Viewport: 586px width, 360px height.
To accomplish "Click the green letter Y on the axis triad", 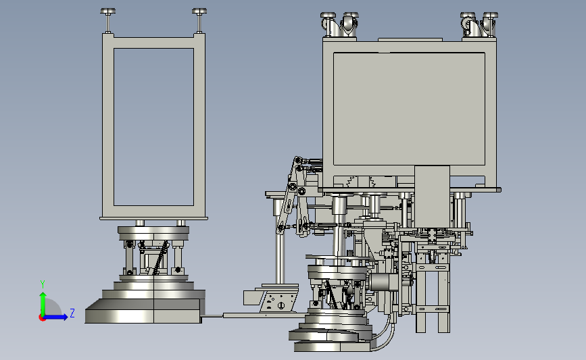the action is [43, 284].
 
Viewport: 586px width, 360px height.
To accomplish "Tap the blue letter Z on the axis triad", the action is [72, 313].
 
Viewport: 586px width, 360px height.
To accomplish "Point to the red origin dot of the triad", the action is [42, 318].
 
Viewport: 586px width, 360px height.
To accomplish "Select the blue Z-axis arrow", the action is [56, 317].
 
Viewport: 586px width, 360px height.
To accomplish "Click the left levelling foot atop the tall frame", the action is [107, 20].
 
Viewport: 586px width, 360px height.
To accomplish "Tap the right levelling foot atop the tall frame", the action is [199, 20].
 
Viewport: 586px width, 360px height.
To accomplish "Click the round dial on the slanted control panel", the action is [281, 306].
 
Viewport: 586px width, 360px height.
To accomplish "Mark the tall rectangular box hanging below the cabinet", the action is [432, 196].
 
